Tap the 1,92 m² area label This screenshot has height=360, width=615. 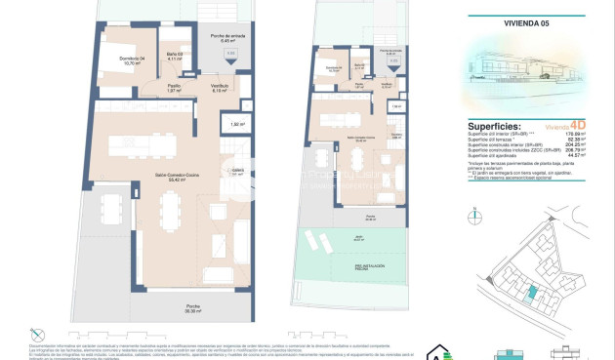236,124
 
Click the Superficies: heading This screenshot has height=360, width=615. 496,126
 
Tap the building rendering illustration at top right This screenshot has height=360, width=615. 522,63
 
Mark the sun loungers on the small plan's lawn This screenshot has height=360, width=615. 316,240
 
